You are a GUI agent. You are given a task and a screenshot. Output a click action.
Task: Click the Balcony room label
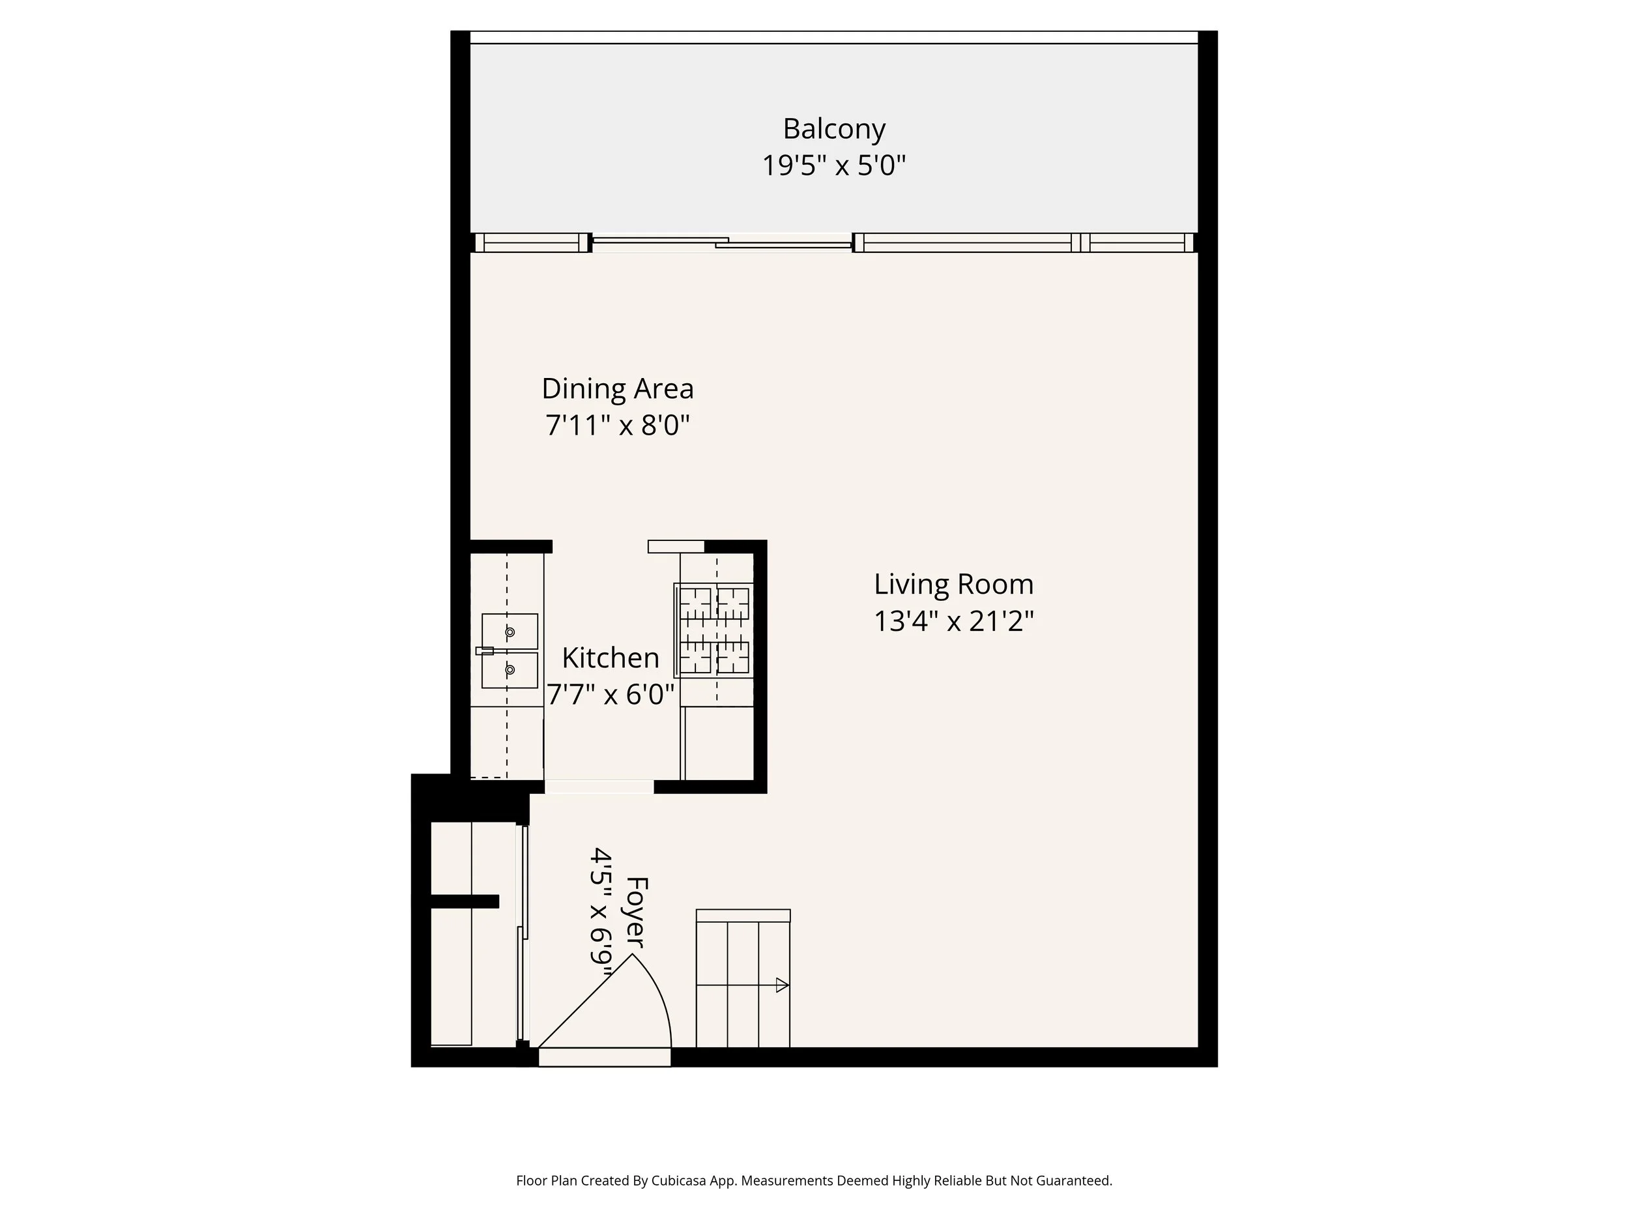click(x=833, y=129)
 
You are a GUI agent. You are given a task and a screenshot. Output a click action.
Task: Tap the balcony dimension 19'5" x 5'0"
click(x=833, y=165)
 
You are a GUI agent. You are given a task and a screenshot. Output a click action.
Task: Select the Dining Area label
click(x=617, y=389)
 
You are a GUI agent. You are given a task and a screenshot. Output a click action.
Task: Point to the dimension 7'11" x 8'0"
click(x=617, y=425)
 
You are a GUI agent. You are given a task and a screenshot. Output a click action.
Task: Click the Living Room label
click(x=954, y=584)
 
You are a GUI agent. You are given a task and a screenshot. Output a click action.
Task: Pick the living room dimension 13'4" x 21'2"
click(x=954, y=621)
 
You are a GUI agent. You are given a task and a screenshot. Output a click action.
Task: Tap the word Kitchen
click(x=610, y=658)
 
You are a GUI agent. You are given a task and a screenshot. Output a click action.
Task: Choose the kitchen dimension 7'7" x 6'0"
click(x=610, y=694)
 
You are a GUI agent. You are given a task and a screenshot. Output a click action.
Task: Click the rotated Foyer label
click(x=635, y=912)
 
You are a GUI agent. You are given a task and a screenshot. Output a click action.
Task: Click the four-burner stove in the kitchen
click(x=714, y=630)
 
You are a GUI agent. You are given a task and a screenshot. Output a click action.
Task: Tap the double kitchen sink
click(x=510, y=651)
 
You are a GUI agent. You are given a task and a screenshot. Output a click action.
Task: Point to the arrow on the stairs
click(x=782, y=985)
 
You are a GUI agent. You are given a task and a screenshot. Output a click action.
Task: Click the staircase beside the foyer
click(x=743, y=980)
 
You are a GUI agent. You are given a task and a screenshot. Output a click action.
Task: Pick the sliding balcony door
click(x=722, y=242)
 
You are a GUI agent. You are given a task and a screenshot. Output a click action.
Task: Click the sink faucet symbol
click(x=485, y=650)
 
